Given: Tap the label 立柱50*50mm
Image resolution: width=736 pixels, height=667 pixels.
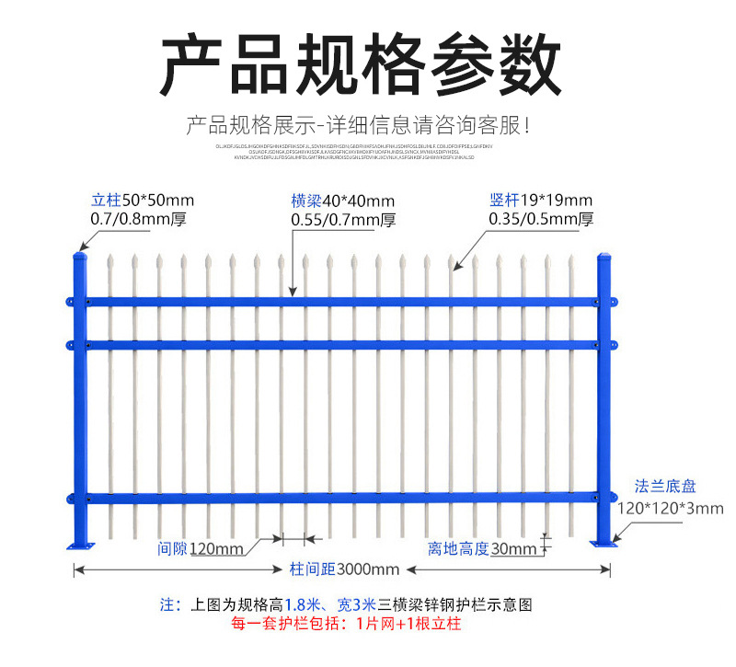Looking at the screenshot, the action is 143,200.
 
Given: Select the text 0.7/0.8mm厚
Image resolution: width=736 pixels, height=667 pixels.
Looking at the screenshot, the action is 143,219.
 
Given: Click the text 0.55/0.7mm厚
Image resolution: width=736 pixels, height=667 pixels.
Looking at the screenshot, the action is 342,220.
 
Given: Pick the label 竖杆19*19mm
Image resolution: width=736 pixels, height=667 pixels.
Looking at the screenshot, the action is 541,200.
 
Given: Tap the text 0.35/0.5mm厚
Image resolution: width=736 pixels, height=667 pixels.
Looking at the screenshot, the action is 541,219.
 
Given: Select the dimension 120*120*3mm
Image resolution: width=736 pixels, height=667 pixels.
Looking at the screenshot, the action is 670,508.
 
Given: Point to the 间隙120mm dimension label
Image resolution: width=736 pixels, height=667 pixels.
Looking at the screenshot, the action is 201,549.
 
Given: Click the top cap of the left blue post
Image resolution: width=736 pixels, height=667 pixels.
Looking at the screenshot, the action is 79,257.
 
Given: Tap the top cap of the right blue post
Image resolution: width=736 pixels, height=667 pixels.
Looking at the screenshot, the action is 604,257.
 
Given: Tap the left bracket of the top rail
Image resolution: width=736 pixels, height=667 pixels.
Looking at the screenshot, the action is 70,302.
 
